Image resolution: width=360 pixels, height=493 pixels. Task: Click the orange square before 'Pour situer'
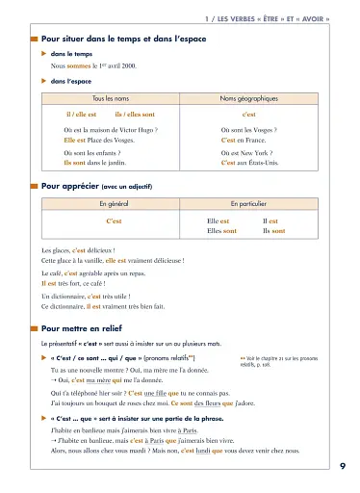click(x=35, y=38)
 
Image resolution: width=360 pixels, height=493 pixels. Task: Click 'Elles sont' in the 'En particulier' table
click(x=223, y=231)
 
